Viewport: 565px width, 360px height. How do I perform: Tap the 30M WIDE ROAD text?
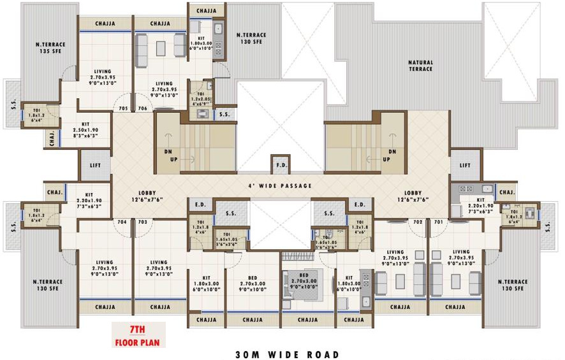click(x=287, y=354)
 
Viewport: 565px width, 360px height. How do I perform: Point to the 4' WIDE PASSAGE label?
click(x=281, y=185)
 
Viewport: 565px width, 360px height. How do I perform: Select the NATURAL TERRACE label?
click(x=420, y=66)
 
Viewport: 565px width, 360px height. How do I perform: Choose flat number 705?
click(x=124, y=109)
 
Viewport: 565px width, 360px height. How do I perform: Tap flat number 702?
click(x=418, y=222)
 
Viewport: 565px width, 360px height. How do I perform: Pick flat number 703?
click(x=143, y=222)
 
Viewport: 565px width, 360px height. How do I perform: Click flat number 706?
click(x=143, y=109)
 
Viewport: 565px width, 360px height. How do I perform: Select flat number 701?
click(x=438, y=222)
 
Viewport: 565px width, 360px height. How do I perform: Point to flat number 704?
click(x=123, y=222)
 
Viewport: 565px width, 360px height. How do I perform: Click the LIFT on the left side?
click(x=95, y=165)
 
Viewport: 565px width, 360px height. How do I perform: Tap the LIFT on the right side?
click(x=466, y=165)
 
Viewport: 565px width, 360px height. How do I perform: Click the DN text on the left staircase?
click(x=168, y=152)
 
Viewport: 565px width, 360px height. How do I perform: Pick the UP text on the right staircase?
click(x=386, y=159)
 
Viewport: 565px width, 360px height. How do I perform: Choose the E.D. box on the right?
click(x=359, y=205)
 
